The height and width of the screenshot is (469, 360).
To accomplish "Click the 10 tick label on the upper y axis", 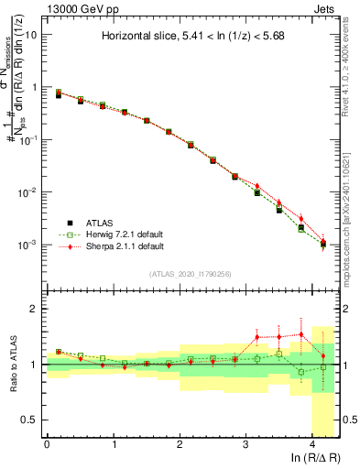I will [x=32, y=35].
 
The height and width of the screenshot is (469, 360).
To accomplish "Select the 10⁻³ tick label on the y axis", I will [x=29, y=245].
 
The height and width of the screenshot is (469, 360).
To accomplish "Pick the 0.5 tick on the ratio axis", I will [x=31, y=420].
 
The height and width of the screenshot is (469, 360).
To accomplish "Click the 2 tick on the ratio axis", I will [x=35, y=310].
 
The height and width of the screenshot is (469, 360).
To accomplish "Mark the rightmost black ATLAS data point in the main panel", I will [x=323, y=244].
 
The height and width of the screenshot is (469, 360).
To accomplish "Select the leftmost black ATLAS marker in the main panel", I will [x=59, y=95].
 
